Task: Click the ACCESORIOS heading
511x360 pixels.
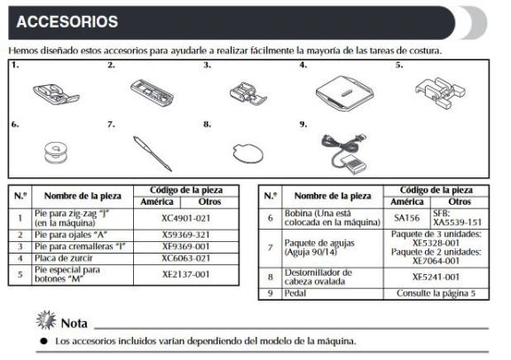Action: pos(67,22)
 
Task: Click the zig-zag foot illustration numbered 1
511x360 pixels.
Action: pos(56,95)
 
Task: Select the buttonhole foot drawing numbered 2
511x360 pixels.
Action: pos(152,92)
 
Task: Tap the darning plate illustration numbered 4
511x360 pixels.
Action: pos(345,93)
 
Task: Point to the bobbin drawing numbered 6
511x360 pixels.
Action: pos(56,153)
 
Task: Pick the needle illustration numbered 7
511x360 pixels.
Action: pos(153,153)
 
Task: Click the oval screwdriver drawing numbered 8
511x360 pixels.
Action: pos(248,153)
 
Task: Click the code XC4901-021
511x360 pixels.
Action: pos(186,218)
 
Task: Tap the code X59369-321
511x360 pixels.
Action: pos(186,235)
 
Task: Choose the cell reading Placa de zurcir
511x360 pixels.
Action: pos(64,258)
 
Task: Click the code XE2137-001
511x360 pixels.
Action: pos(186,275)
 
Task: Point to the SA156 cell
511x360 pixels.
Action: pos(406,217)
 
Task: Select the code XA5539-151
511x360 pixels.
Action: pos(457,223)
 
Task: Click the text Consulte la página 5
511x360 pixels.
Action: pos(436,293)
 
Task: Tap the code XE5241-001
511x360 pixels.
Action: pos(436,278)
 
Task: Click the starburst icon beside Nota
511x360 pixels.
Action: pos(46,320)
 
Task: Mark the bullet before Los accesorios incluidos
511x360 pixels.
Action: pos(44,341)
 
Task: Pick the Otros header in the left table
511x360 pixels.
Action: pos(209,202)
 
